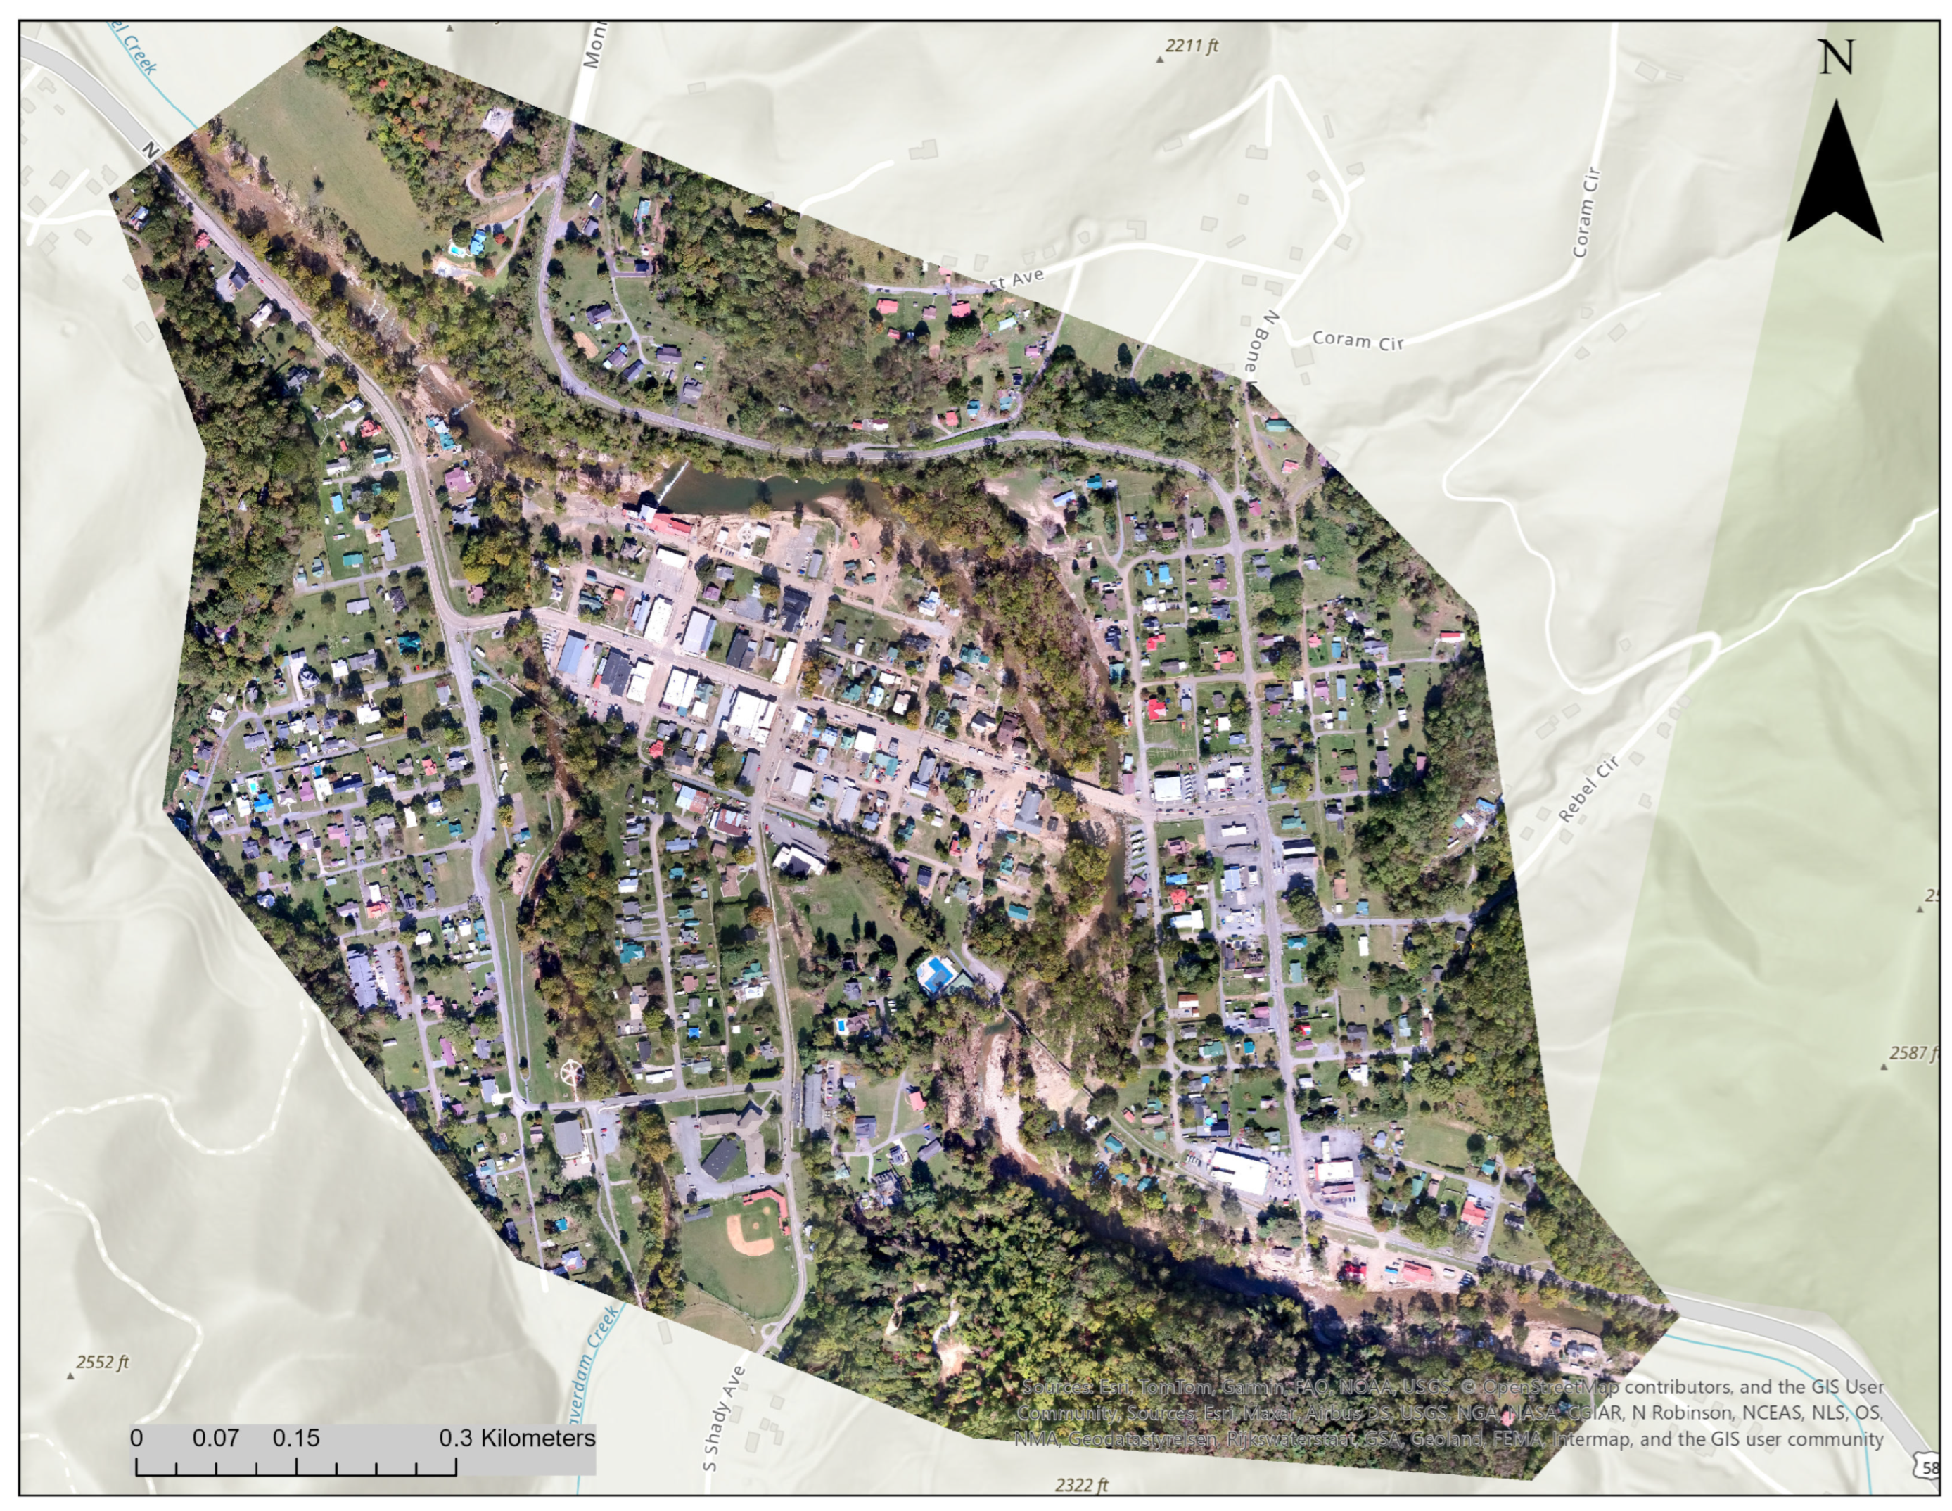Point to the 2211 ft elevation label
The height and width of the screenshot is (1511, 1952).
1192,46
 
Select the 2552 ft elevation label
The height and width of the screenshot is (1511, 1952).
102,1362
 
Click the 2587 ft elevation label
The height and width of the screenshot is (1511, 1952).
1913,1052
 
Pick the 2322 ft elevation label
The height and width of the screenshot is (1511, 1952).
1080,1485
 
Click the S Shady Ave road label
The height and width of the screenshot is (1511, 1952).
723,1419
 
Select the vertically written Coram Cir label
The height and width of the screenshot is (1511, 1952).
1585,214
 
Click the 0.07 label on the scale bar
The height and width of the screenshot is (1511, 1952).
215,1439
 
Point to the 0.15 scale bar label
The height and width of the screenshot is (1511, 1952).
296,1439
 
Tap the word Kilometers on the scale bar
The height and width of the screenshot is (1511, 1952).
537,1439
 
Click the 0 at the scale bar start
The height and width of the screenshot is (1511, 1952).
136,1439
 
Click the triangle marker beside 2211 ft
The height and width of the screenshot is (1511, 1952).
1160,59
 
